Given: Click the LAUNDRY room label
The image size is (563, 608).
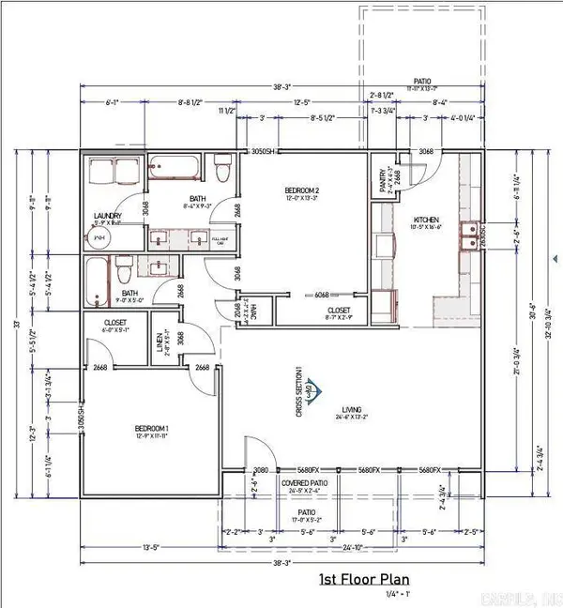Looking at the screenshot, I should pyautogui.click(x=108, y=216).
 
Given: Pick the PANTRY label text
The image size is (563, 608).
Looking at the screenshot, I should pyautogui.click(x=383, y=179).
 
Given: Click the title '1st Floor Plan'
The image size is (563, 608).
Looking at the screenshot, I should pyautogui.click(x=367, y=580).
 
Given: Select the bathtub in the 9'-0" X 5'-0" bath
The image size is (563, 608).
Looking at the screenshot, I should pyautogui.click(x=99, y=279).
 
